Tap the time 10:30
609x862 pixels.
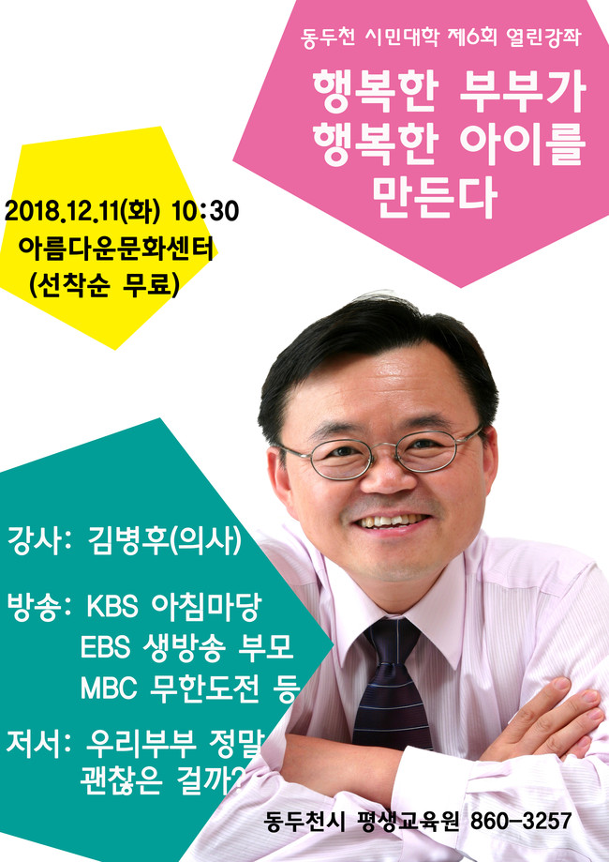point(205,211)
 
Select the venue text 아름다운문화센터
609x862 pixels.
point(115,249)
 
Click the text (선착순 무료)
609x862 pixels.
point(104,285)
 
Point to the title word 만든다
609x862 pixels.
point(435,197)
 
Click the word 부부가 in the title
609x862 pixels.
point(522,91)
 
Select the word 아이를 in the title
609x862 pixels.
point(522,144)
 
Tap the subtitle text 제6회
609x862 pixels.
point(471,38)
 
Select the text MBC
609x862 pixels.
point(108,688)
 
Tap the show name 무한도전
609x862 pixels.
point(203,688)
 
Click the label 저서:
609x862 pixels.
point(39,743)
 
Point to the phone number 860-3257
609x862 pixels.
point(521,822)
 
